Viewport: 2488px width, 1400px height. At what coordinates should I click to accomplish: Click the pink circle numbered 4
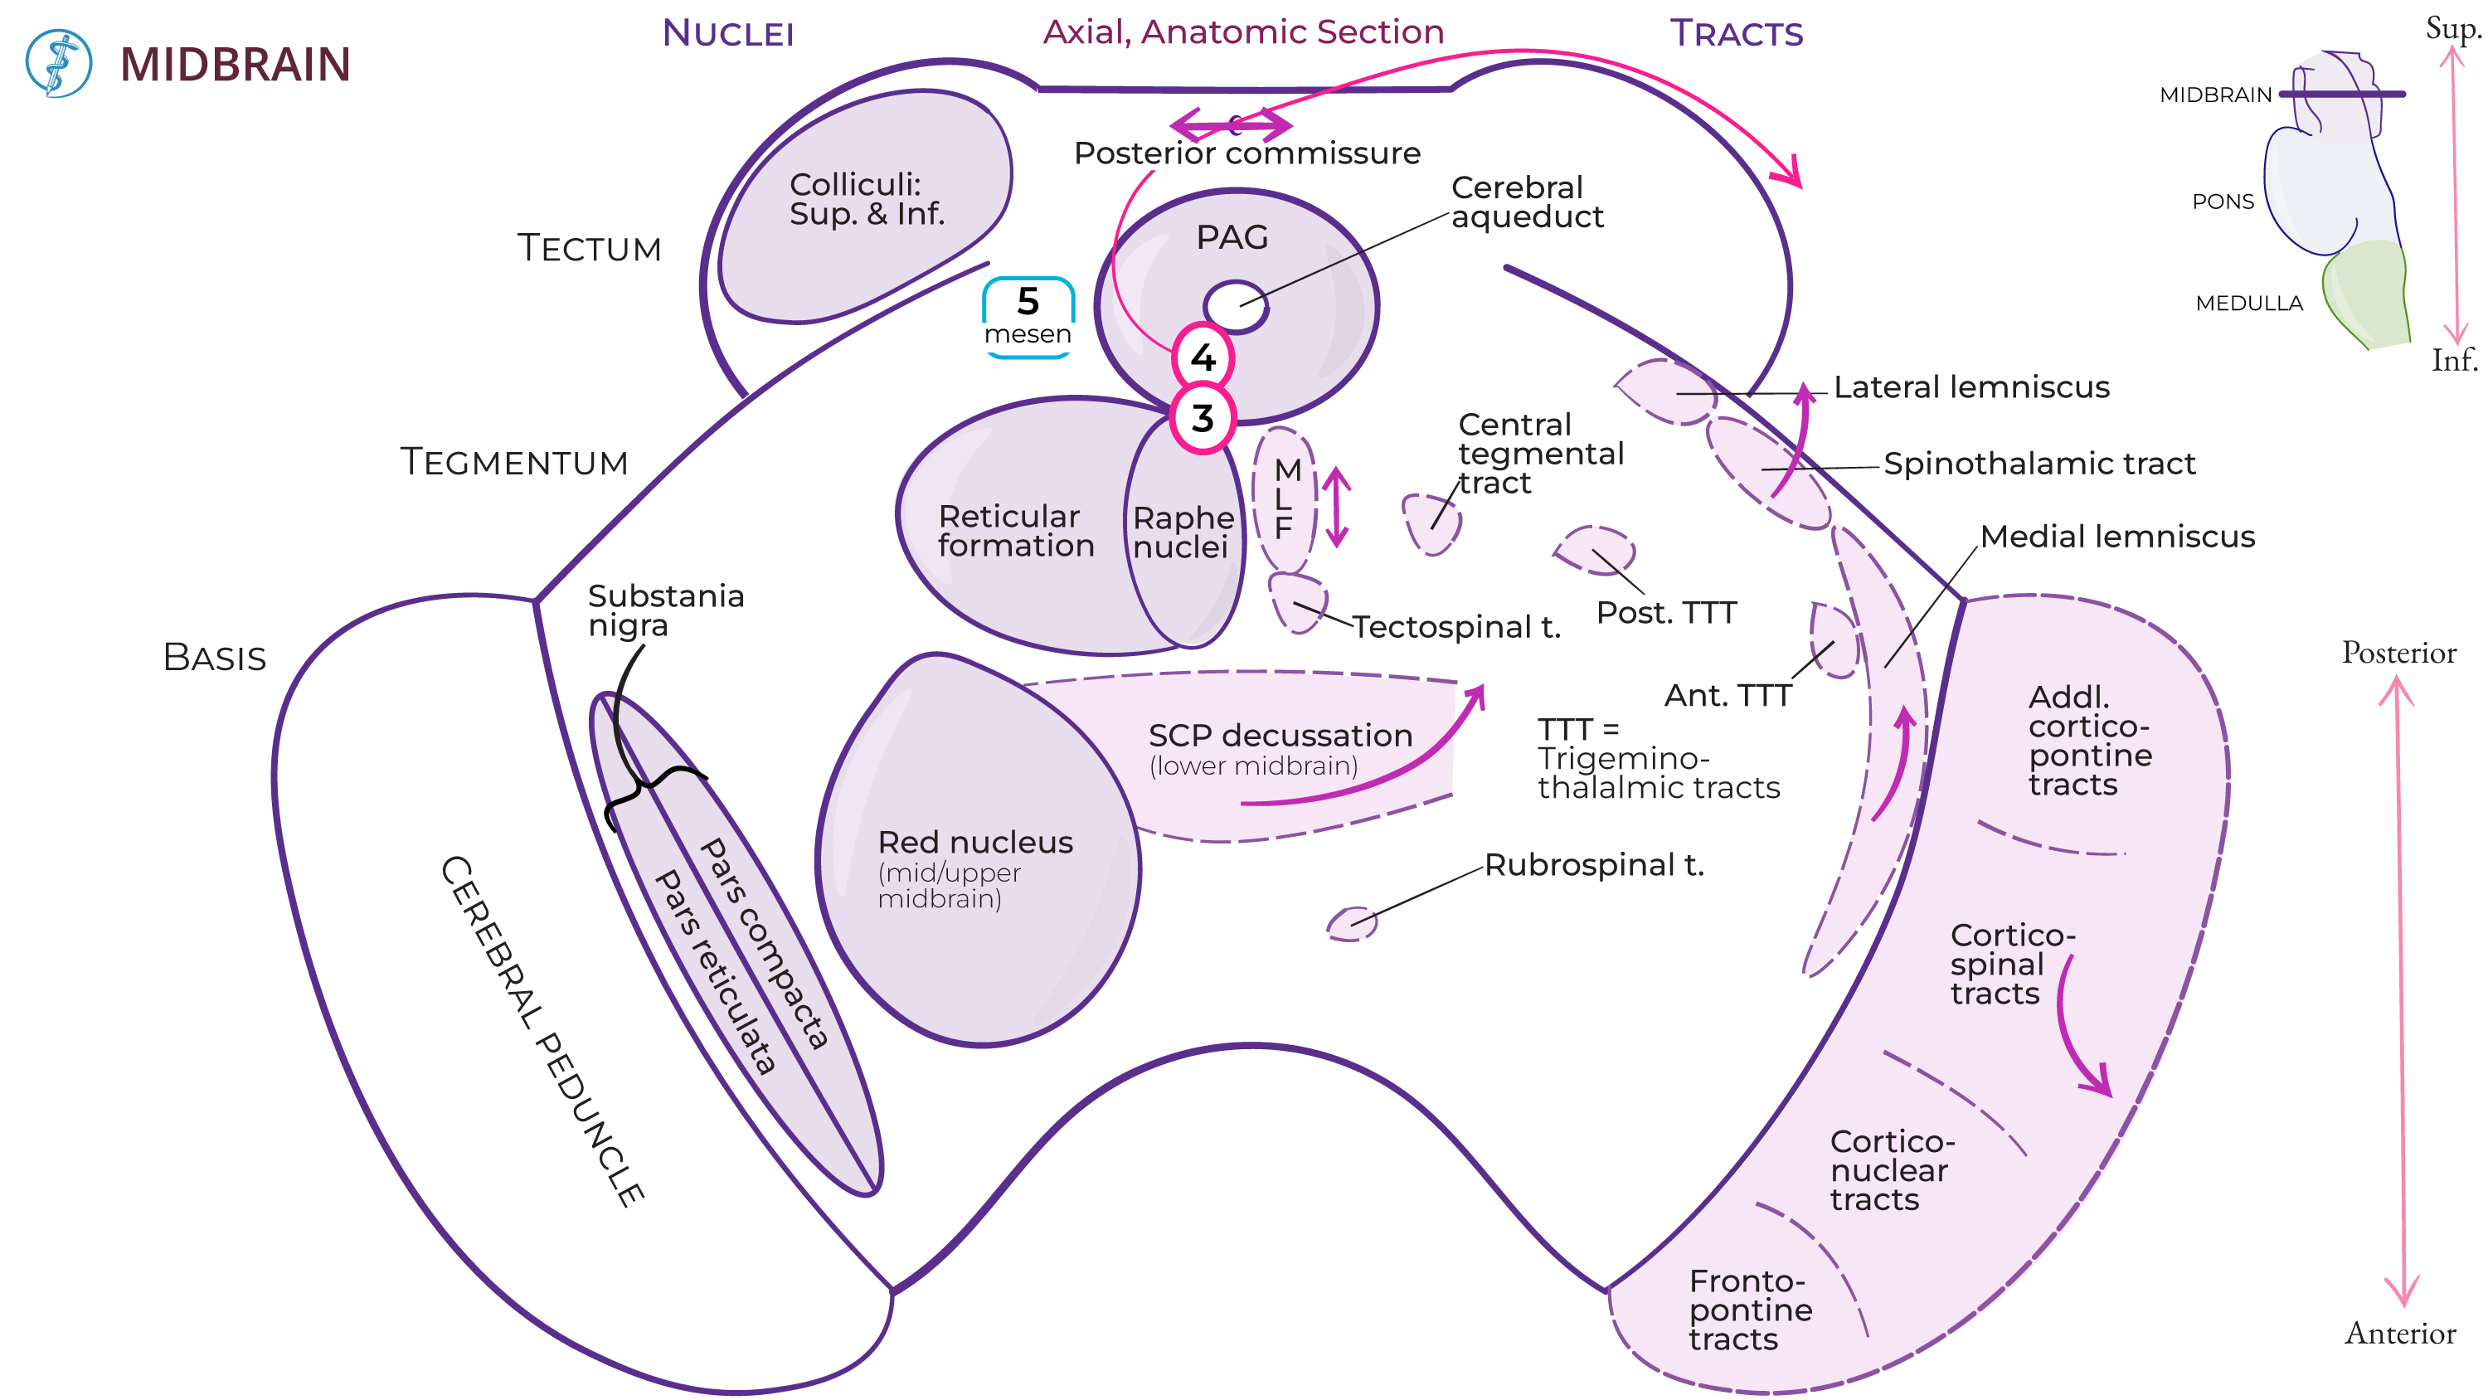1203,357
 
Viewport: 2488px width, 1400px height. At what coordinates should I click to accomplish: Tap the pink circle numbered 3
1203,418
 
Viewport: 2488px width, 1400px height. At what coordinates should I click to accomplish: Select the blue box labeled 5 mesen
1028,316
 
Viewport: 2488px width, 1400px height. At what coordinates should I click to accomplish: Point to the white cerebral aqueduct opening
1236,307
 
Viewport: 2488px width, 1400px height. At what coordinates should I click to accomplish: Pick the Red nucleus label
974,843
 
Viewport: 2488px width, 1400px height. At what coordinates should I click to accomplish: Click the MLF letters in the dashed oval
1285,498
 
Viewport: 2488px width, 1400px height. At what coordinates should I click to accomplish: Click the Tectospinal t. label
1455,628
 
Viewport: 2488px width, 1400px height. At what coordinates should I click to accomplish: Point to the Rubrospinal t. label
1594,865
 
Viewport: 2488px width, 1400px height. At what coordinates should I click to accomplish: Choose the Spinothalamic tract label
2039,464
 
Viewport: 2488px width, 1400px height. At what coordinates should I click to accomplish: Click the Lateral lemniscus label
1970,387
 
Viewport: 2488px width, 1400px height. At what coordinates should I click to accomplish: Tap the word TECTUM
589,248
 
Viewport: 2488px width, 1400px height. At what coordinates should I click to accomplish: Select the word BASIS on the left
215,658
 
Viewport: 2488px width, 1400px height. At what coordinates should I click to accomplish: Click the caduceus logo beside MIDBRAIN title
59,64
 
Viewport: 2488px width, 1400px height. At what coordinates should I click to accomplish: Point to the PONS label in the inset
2223,202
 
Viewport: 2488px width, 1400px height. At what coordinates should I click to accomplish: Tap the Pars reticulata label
715,971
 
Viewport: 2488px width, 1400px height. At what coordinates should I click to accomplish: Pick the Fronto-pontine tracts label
1749,1310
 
